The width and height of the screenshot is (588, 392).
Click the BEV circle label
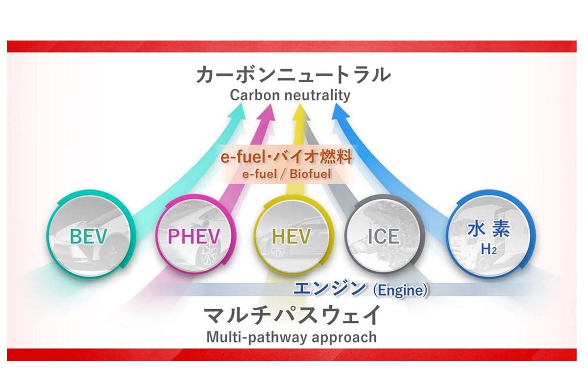(x=89, y=236)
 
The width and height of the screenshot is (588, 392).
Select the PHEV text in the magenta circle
(x=194, y=236)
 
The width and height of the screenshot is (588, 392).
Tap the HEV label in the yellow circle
(x=291, y=236)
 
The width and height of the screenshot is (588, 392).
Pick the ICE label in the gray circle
(x=384, y=236)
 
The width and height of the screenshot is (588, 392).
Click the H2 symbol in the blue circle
(x=489, y=249)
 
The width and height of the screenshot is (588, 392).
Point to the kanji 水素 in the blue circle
(x=489, y=228)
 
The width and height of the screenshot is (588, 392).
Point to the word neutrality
(x=318, y=96)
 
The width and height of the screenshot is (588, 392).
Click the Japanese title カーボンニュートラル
(x=294, y=75)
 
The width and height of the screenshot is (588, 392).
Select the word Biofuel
(x=310, y=174)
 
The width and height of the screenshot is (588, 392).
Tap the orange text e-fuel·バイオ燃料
(x=286, y=157)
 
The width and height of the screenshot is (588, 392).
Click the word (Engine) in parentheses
(x=400, y=290)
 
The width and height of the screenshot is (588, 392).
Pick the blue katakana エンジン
(x=330, y=288)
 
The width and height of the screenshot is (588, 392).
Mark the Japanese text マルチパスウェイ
(x=292, y=315)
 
